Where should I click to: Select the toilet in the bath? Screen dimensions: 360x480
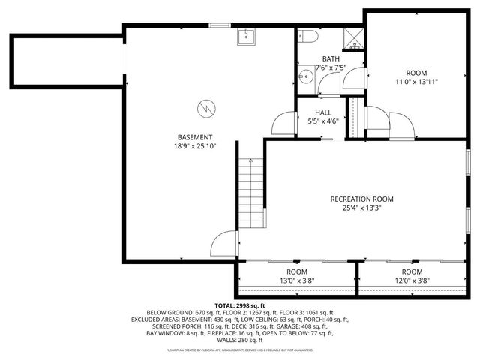309,37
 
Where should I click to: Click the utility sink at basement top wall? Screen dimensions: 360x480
247,36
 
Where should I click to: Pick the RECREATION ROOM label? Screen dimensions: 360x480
361,199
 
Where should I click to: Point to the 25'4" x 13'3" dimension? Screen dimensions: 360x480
361,208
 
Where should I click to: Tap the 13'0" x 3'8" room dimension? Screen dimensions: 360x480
297,280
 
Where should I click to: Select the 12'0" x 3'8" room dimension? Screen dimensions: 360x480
412,280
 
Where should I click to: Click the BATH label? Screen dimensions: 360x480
331,58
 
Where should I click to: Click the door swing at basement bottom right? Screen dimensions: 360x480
223,244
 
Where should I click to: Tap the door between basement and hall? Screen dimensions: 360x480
283,123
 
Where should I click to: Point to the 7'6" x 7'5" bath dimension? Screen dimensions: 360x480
331,67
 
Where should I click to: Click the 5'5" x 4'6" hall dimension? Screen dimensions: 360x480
323,121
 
